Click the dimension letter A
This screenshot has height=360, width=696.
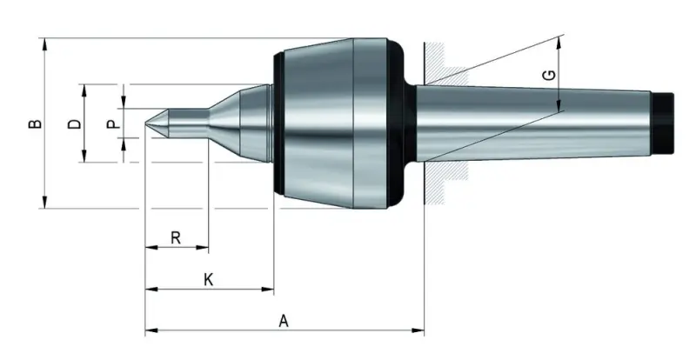[x=284, y=320]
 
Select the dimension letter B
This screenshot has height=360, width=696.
[x=34, y=123]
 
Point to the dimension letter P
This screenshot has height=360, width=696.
[x=111, y=123]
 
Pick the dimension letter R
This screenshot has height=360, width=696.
[x=176, y=237]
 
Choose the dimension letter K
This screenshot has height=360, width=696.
[x=208, y=279]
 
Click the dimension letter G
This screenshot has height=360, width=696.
[x=547, y=76]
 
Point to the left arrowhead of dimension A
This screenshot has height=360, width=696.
[x=150, y=330]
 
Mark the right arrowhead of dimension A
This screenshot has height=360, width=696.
[x=419, y=330]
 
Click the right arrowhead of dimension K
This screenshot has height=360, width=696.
[x=269, y=290]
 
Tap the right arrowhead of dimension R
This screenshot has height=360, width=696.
[x=204, y=248]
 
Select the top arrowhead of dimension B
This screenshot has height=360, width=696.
[x=43, y=43]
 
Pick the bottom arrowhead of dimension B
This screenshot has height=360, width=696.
[x=43, y=203]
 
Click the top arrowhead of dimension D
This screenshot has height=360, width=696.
[x=84, y=89]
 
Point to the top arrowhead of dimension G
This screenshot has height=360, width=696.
[x=558, y=41]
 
